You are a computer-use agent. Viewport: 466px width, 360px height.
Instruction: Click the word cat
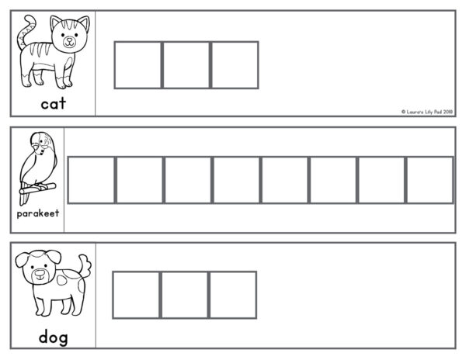pos(53,104)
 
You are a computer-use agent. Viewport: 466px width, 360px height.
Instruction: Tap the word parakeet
pos(38,213)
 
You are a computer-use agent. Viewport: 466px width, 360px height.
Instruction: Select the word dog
pos(54,337)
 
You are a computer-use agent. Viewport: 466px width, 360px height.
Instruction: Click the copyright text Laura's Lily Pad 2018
pos(427,112)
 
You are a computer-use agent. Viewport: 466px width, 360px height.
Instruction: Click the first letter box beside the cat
pos(138,65)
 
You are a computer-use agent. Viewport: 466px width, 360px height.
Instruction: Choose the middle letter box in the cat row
pos(186,65)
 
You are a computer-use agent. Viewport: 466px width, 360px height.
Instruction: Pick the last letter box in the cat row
pos(235,65)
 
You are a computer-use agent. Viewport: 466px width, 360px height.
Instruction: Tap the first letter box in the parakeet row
pos(91,180)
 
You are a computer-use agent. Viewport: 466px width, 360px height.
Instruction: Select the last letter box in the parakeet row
pos(430,180)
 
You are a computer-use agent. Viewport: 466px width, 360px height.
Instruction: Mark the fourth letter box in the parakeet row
pos(237,180)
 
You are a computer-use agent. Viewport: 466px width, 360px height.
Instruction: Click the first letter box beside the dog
pos(137,295)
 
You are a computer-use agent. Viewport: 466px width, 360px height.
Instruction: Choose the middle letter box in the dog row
pos(185,295)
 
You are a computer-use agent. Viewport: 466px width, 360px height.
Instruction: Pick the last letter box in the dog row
pos(233,295)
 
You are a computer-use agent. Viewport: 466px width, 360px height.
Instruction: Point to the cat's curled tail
pos(26,31)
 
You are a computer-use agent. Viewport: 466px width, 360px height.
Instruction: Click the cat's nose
pos(69,40)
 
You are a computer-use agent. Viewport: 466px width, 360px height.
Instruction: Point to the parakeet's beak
pos(36,147)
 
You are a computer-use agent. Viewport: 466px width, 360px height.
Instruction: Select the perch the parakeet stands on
pos(38,189)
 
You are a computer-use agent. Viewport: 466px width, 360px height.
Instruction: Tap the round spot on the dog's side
pos(61,279)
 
